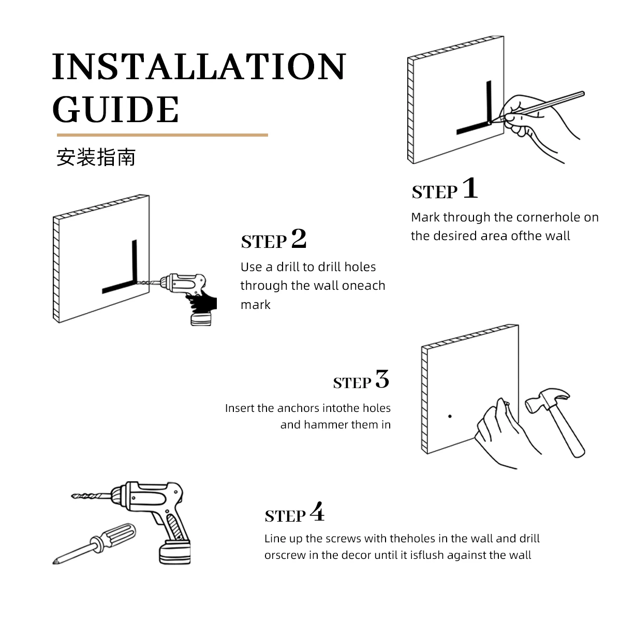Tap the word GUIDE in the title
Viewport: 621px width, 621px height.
[115, 110]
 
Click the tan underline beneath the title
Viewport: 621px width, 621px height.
[162, 135]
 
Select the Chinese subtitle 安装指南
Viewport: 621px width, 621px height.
[96, 157]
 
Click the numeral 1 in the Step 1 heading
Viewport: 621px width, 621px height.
[470, 188]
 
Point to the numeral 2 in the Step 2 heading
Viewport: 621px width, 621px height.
[299, 238]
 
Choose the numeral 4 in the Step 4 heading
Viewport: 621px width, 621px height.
[317, 512]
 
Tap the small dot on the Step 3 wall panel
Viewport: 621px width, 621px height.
[450, 417]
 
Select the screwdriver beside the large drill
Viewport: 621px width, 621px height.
[94, 544]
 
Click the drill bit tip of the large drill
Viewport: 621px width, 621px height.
[72, 496]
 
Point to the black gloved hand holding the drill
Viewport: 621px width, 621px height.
[202, 302]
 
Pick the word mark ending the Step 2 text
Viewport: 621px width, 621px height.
[256, 304]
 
